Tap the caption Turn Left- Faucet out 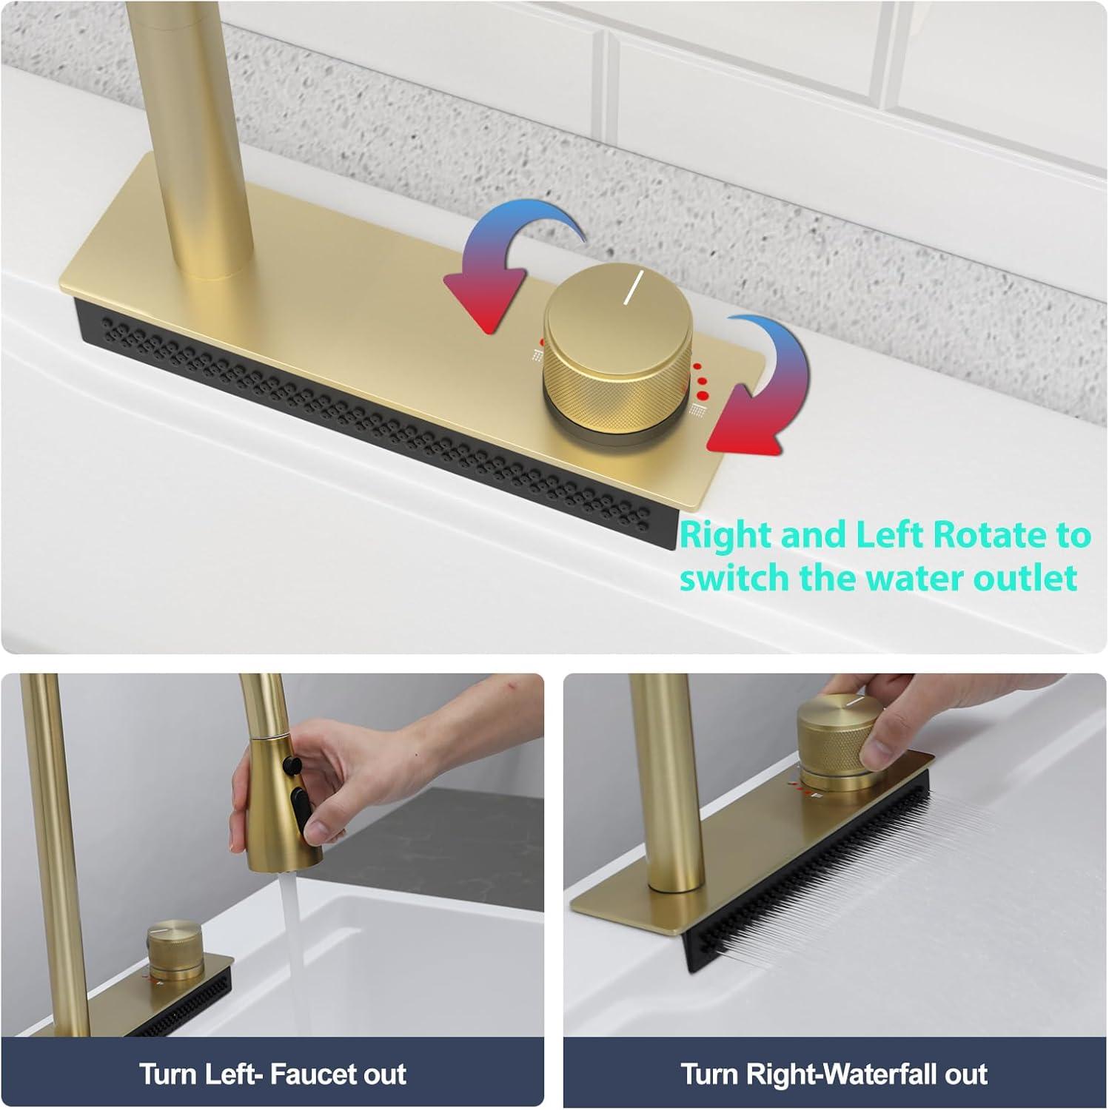(272, 1074)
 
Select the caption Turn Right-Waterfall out (834, 1074)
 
